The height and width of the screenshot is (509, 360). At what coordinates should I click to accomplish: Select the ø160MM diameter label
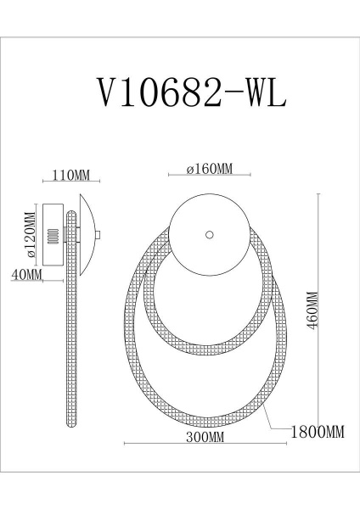coord(209,170)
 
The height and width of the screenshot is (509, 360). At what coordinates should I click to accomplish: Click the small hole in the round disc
coord(209,233)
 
